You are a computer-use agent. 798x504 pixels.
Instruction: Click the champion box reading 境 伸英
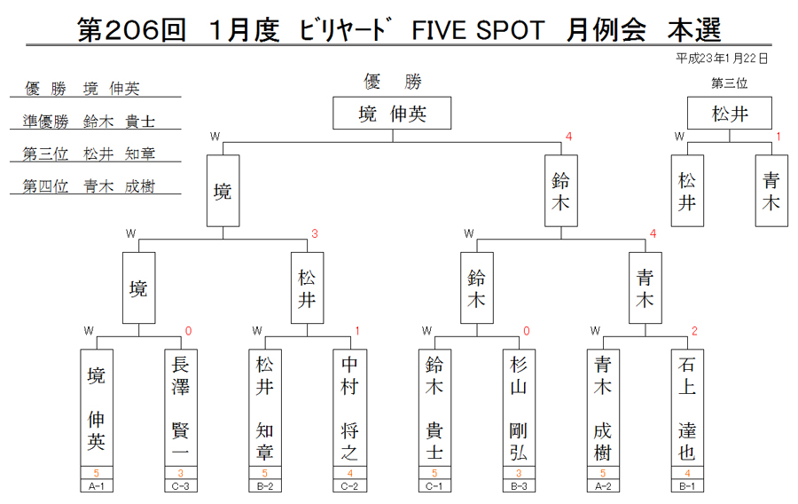392,113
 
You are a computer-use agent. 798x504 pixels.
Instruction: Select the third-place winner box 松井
730,113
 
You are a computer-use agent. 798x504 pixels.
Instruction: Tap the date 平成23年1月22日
721,59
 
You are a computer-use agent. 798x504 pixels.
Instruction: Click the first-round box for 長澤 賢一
181,407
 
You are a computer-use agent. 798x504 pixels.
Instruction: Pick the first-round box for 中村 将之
349,407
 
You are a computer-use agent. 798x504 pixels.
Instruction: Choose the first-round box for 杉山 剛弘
519,407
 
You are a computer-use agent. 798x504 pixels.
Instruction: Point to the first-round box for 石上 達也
687,407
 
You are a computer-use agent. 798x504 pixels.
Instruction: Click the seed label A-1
97,486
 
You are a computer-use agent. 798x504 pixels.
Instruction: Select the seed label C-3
181,486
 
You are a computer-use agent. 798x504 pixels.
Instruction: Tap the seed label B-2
265,486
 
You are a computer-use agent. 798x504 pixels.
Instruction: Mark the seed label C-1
434,486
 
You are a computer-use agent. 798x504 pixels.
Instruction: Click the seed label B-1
687,486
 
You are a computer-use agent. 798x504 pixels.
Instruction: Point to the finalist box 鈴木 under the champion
561,191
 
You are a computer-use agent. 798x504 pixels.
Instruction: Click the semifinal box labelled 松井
307,288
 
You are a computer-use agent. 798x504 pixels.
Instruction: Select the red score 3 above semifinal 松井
315,233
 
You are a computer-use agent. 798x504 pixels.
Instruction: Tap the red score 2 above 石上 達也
694,331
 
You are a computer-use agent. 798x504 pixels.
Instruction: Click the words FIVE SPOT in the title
478,30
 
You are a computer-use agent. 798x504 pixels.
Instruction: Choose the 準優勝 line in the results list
89,122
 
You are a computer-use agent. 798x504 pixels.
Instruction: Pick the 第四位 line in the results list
89,186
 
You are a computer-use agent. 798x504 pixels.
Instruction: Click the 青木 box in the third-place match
771,191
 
